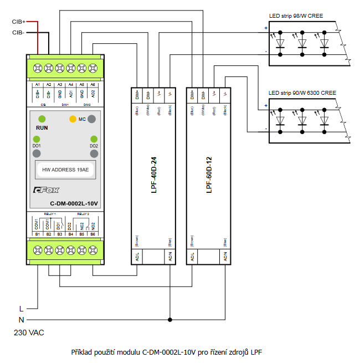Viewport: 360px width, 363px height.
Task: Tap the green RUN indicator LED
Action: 42,119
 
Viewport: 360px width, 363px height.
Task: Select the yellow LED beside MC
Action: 73,119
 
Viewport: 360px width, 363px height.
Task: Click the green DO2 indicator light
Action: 94,139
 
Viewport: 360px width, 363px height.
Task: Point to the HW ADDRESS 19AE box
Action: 65,170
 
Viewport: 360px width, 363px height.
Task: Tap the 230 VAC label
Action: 29,333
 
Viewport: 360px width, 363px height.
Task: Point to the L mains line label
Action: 21,308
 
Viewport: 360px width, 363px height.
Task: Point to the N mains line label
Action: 21,319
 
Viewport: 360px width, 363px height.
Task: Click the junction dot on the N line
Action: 170,319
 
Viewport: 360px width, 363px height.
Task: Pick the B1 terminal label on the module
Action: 37,234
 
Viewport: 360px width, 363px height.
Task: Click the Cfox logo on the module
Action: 47,190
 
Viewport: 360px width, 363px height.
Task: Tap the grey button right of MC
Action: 92,119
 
